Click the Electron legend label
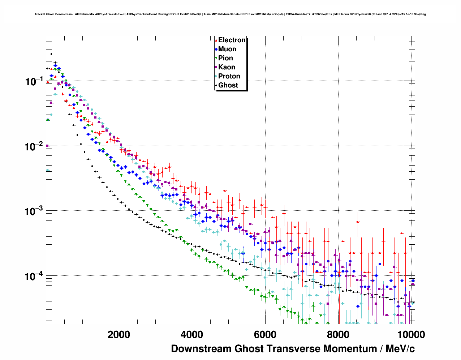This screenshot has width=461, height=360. pos(232,40)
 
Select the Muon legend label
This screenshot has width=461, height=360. pos(227,49)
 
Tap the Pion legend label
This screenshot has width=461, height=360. pos(225,58)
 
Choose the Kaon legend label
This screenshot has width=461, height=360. pos(227,67)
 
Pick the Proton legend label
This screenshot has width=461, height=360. pos(229,76)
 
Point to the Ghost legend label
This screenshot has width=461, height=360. pos(228,85)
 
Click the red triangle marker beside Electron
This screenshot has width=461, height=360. pos(216,40)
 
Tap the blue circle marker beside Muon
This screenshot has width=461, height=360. pos(216,49)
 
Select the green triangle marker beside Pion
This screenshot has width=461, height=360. pos(216,58)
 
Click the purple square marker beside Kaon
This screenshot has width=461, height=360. pos(216,67)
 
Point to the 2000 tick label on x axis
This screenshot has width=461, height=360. pos(119,334)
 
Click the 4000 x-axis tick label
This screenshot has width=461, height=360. pos(192,334)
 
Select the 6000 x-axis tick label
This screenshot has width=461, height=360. pos(265,334)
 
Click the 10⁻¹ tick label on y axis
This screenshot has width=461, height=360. pos(34,81)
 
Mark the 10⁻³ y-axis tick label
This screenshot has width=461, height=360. pos(34,211)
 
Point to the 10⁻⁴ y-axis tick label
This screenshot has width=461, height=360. pos(34,277)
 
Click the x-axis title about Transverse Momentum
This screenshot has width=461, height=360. pos(293,349)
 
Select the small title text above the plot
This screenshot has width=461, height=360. pos(230,14)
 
